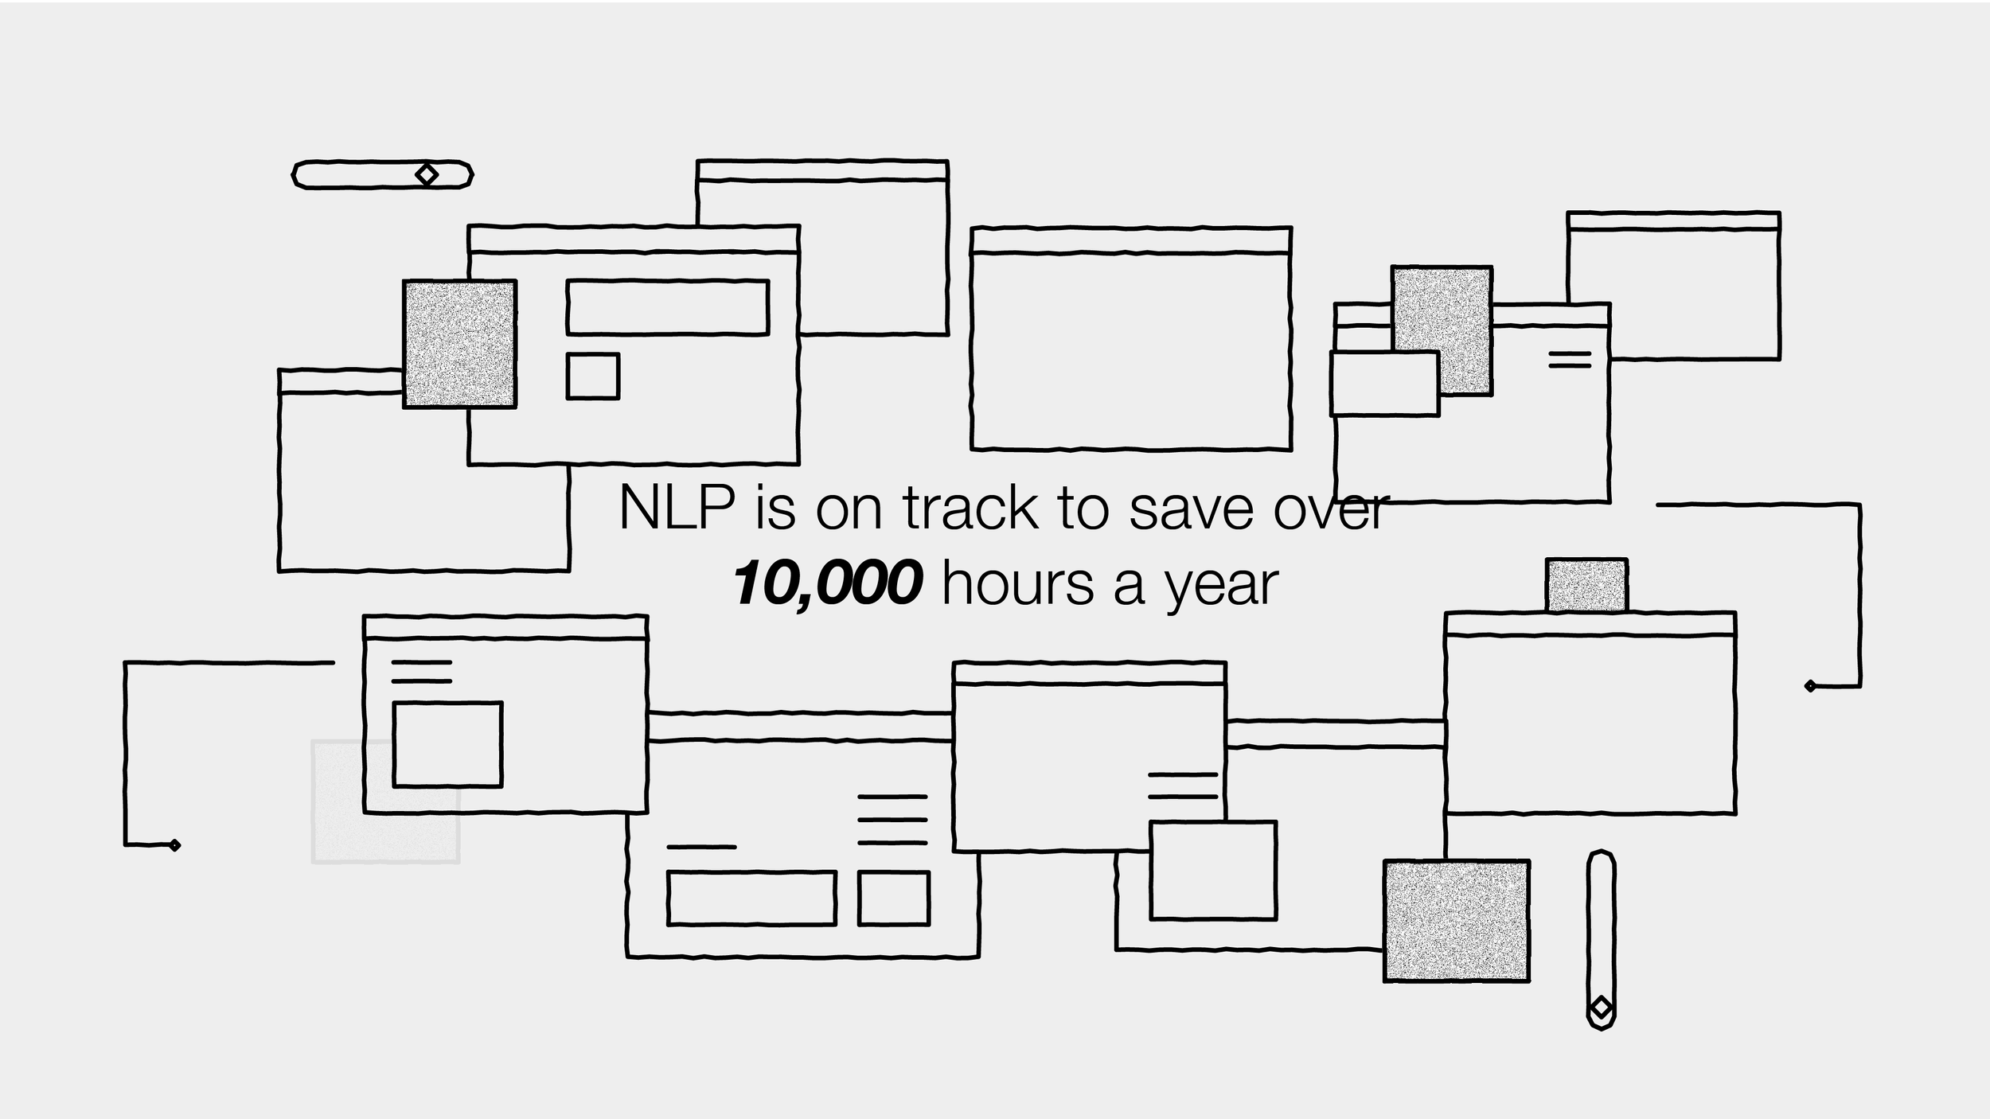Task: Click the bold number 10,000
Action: pyautogui.click(x=828, y=583)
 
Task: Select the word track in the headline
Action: pyautogui.click(x=970, y=508)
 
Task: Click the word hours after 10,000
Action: pyautogui.click(x=1018, y=583)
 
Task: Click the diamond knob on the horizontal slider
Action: pyautogui.click(x=427, y=174)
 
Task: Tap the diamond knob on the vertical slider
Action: pyautogui.click(x=1601, y=1008)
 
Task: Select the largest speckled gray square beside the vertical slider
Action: pyautogui.click(x=1456, y=921)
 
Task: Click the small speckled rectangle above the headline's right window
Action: pyautogui.click(x=1586, y=585)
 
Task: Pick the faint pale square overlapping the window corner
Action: pyautogui.click(x=350, y=828)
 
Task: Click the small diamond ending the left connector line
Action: pyautogui.click(x=175, y=845)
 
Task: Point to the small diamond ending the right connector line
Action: pyautogui.click(x=1810, y=686)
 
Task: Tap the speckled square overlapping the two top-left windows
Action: pyautogui.click(x=459, y=344)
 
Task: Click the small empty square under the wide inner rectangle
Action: pyautogui.click(x=592, y=376)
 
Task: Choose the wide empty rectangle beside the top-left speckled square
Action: pyautogui.click(x=667, y=307)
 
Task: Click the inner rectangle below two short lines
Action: pyautogui.click(x=447, y=744)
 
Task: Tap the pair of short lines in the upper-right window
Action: pyautogui.click(x=1570, y=360)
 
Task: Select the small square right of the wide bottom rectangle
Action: pyautogui.click(x=893, y=899)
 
